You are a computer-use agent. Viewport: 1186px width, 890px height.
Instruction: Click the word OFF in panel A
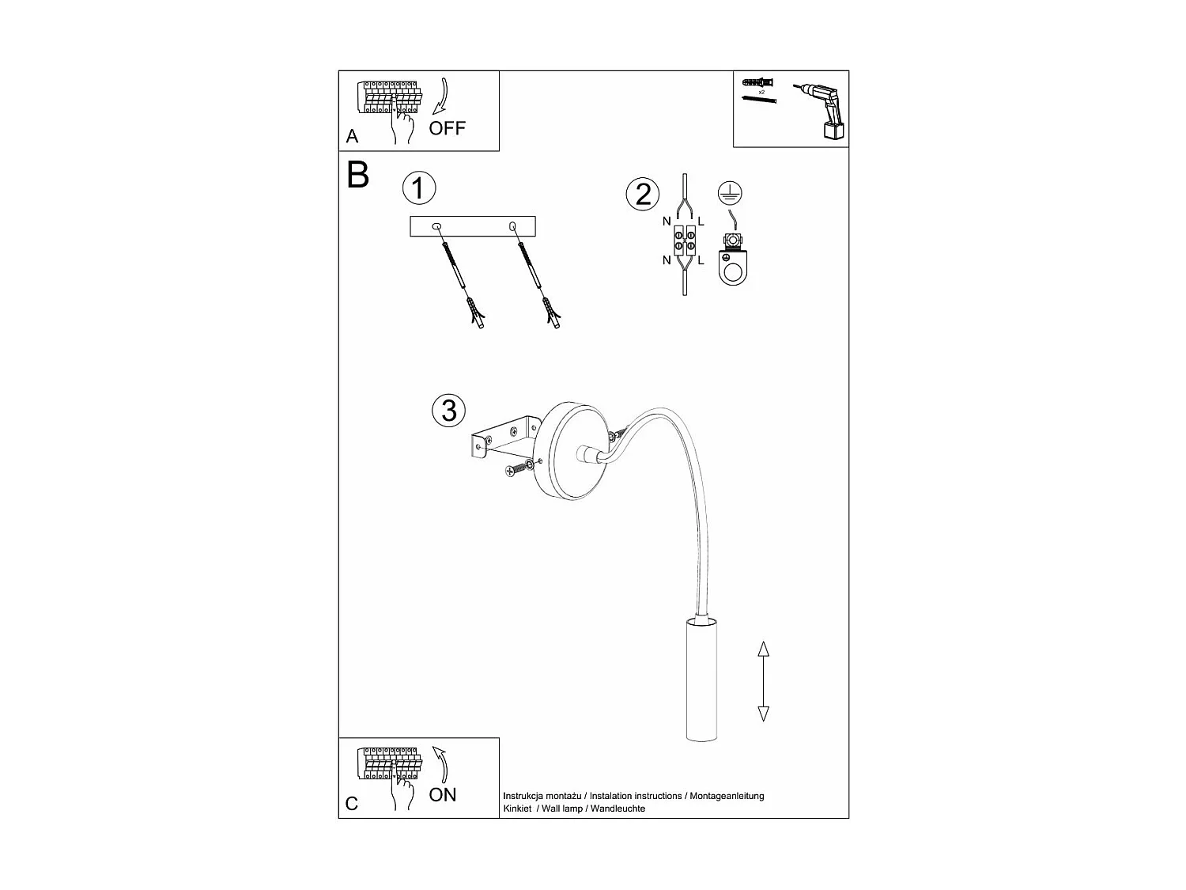(x=448, y=127)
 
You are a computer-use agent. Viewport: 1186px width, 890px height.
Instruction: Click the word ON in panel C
(x=443, y=794)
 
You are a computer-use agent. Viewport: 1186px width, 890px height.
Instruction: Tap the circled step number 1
(x=419, y=188)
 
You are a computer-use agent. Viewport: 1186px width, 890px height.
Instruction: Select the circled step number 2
(x=643, y=194)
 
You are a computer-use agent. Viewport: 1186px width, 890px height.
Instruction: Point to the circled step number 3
(x=449, y=410)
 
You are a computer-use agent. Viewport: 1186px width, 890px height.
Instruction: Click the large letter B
(x=358, y=175)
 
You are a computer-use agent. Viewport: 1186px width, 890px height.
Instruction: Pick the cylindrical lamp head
(x=701, y=680)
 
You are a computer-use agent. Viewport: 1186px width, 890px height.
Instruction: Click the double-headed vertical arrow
(x=763, y=681)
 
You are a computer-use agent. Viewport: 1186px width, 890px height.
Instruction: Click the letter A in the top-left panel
(x=353, y=137)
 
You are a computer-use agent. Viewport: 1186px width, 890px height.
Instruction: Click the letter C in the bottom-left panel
(x=353, y=804)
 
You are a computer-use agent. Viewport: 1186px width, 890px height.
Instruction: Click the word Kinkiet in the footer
(x=517, y=809)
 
